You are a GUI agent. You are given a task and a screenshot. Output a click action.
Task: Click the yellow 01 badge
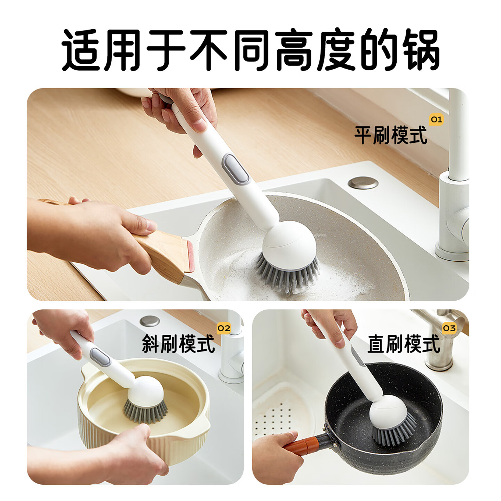pos(436,120)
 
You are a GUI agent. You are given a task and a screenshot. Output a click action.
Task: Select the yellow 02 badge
pos(224,328)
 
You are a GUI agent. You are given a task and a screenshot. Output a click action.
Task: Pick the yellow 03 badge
pos(449,328)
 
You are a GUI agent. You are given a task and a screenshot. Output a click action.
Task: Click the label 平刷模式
pos(390,135)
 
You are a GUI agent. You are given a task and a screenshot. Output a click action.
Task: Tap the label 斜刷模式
pos(178,344)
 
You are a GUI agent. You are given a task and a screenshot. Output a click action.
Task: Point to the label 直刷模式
pos(404,344)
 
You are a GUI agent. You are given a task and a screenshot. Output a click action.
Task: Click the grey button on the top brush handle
pos(235,169)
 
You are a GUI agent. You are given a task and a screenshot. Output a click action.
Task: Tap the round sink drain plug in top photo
pos(363,183)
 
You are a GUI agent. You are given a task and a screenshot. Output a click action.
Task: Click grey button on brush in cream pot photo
pos(100,357)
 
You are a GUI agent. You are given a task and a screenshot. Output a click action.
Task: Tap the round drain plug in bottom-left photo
pos(150,321)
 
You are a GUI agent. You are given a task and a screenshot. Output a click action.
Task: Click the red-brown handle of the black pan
pos(302,445)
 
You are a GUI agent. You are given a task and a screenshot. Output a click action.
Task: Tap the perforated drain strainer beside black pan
pos(275,417)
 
